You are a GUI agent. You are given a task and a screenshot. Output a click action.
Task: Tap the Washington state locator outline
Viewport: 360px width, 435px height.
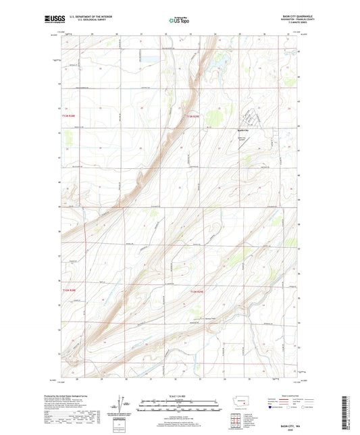[x=243, y=401]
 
